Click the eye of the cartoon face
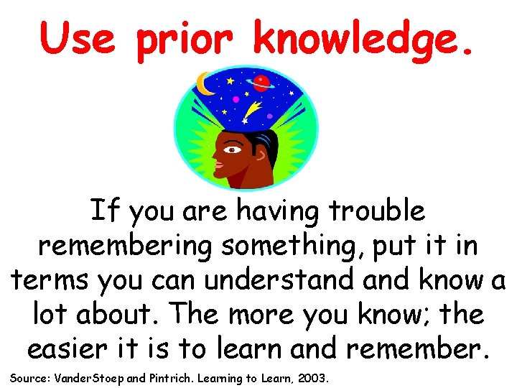[233, 150]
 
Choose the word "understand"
[274, 279]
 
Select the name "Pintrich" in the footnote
[169, 377]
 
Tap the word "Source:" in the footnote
[29, 377]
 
